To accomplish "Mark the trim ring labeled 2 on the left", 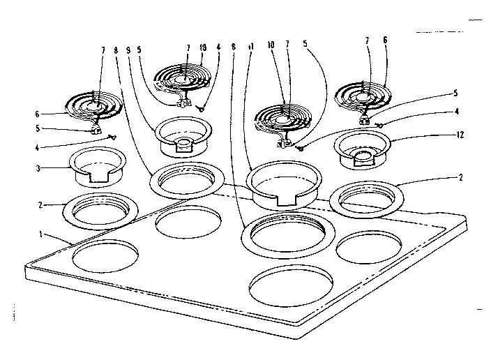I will (100, 210).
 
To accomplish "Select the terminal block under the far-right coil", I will (363, 121).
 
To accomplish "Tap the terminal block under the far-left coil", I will (94, 129).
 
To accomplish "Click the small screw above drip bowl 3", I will (111, 138).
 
